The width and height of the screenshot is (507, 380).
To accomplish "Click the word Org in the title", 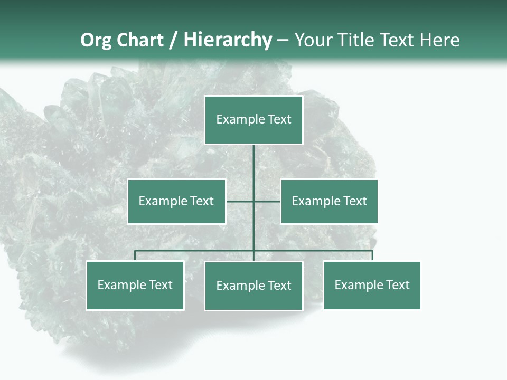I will point(97,40).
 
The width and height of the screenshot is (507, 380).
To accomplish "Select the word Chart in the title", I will point(139,40).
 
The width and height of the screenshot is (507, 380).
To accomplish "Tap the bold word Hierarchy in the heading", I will point(228,40).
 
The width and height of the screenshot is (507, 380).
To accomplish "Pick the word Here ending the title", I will point(439,40).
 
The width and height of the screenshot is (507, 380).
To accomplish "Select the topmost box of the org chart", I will point(253,120).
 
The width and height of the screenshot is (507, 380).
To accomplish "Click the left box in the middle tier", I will point(176,201).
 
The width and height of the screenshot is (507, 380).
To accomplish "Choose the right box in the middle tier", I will point(329,201).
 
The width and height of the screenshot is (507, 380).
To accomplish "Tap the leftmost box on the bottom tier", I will point(135,285).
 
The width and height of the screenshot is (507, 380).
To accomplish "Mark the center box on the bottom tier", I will point(253,286).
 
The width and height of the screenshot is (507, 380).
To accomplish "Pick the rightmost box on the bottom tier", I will point(372,285).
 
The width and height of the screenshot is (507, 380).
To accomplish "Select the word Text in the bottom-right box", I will point(397,285).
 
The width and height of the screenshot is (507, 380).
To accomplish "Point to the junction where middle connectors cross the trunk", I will point(253,201).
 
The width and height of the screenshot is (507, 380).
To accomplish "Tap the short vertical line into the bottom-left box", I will point(135,255).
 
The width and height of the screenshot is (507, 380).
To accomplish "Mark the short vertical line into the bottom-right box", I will point(372,255).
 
